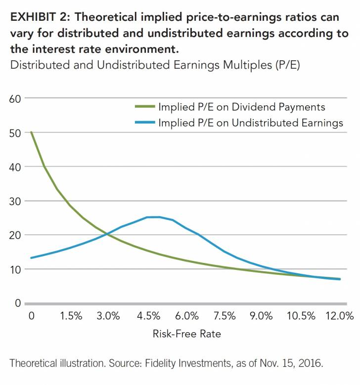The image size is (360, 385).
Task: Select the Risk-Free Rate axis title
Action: point(186,334)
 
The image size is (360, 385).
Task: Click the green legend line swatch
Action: point(144,107)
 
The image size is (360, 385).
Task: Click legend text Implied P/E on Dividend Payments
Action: point(241,107)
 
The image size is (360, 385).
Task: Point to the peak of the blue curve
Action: point(153,216)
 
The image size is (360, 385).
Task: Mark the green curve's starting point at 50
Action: point(32,132)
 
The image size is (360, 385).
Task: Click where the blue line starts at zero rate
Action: point(32,258)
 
